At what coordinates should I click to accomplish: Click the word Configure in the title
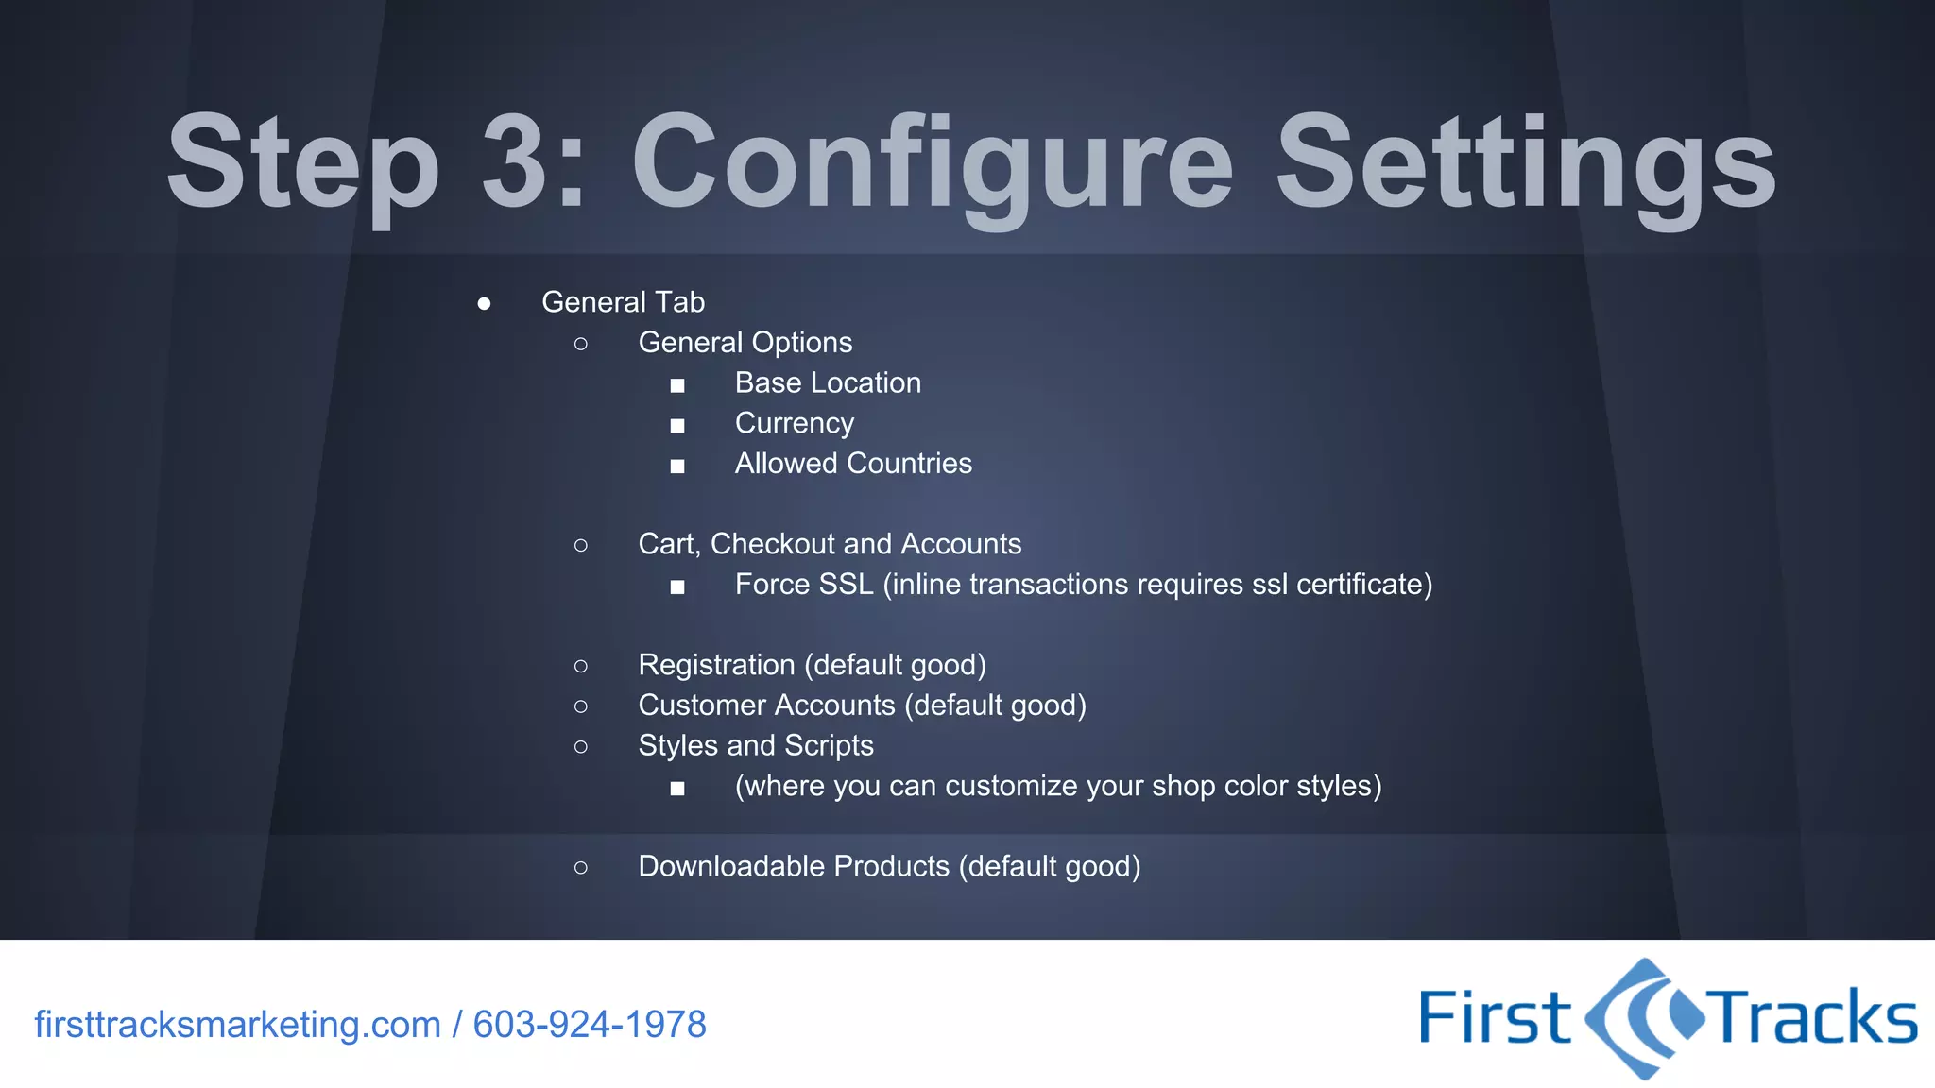(x=933, y=162)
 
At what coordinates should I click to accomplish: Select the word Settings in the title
(x=1525, y=162)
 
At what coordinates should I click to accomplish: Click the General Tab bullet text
(x=623, y=302)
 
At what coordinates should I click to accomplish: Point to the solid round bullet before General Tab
(x=484, y=303)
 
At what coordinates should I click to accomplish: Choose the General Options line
(x=745, y=343)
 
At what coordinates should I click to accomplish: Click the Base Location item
(x=828, y=383)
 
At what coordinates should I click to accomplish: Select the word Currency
(x=794, y=423)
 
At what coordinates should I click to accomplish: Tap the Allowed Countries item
(x=853, y=464)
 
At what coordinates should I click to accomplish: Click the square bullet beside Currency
(x=677, y=426)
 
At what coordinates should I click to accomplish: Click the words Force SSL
(x=804, y=585)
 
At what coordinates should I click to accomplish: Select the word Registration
(x=716, y=665)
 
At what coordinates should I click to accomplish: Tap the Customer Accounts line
(x=862, y=705)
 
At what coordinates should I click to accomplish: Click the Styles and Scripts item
(x=756, y=746)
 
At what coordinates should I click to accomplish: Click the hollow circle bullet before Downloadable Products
(x=581, y=867)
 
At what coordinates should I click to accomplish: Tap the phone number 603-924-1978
(x=590, y=1025)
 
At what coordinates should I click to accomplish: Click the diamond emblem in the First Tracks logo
(x=1645, y=1018)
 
